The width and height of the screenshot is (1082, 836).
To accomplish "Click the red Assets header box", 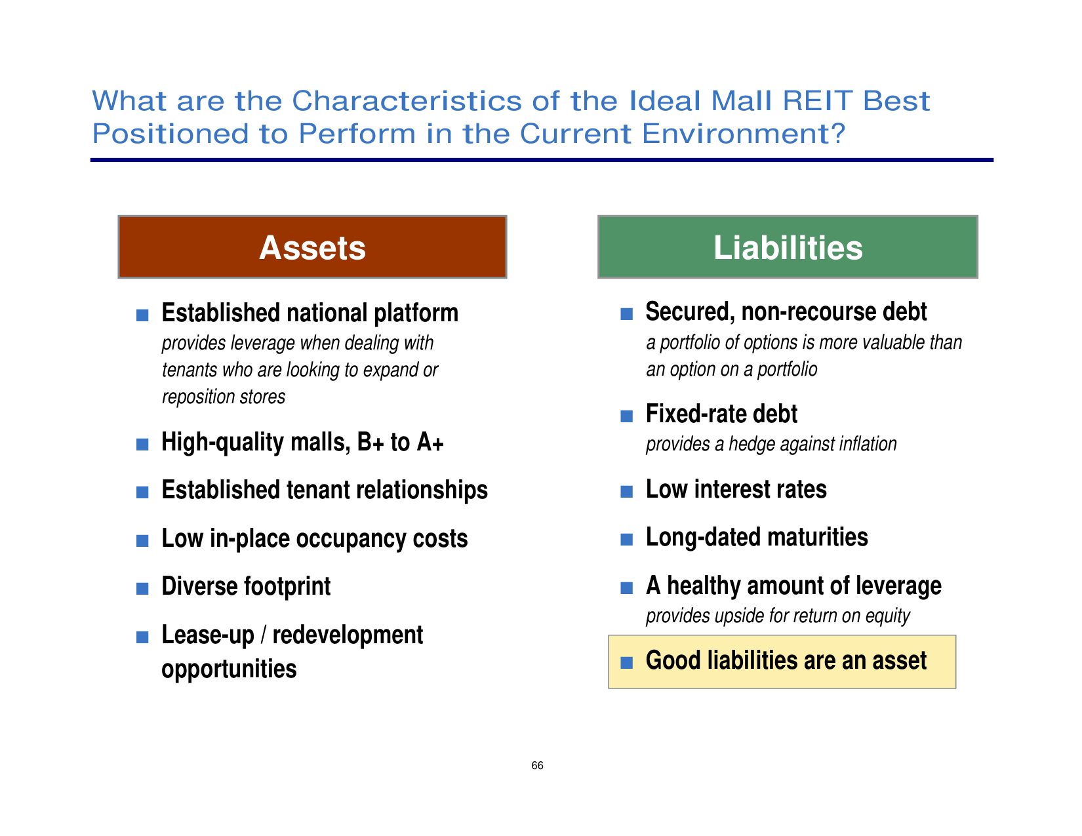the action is click(x=312, y=247).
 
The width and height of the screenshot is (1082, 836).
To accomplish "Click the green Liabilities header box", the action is click(x=788, y=247).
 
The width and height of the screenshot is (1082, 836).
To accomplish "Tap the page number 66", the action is click(x=537, y=765).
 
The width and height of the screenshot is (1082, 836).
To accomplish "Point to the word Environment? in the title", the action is click(x=744, y=134).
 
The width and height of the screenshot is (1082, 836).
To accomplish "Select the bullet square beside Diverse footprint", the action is click(x=142, y=589).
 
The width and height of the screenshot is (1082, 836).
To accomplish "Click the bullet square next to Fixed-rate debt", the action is click(x=626, y=416).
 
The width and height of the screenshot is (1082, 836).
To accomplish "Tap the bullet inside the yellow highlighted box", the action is click(x=626, y=663).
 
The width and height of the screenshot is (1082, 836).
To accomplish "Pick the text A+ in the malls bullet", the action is click(x=430, y=442).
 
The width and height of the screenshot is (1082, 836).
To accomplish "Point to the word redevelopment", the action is click(x=348, y=635).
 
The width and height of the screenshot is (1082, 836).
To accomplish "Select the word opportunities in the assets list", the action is click(x=229, y=669).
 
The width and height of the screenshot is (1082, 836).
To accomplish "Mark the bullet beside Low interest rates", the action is click(x=626, y=492).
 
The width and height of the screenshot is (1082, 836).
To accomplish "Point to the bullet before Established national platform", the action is click(x=142, y=315).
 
